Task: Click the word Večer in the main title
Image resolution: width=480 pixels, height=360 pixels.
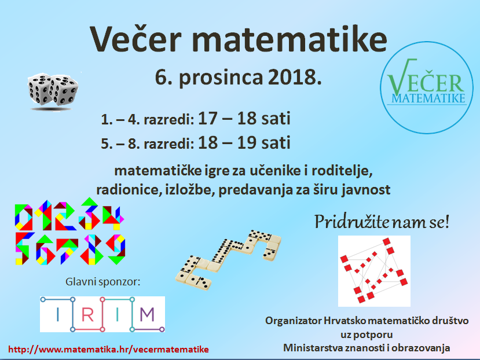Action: tap(135, 39)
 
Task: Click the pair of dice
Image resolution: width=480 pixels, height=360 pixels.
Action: tap(53, 92)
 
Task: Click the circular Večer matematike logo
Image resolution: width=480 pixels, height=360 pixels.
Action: tap(427, 87)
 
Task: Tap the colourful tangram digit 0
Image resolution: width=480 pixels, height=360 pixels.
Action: tap(24, 218)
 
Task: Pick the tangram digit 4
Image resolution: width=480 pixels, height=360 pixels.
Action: tap(113, 218)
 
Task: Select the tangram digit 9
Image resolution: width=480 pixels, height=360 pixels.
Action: tap(116, 249)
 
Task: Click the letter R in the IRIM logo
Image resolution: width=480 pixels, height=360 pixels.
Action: tap(87, 314)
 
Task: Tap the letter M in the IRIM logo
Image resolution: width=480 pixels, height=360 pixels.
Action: tap(147, 314)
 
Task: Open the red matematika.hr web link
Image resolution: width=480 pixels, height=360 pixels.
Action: tap(108, 349)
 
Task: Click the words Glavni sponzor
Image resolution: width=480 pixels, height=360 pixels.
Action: tap(103, 282)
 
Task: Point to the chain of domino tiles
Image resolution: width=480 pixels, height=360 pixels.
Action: tap(228, 260)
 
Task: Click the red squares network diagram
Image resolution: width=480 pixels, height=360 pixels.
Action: tap(374, 271)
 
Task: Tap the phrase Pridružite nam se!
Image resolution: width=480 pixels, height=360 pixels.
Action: tap(382, 222)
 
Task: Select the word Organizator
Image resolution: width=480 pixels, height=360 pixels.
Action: tap(293, 321)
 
